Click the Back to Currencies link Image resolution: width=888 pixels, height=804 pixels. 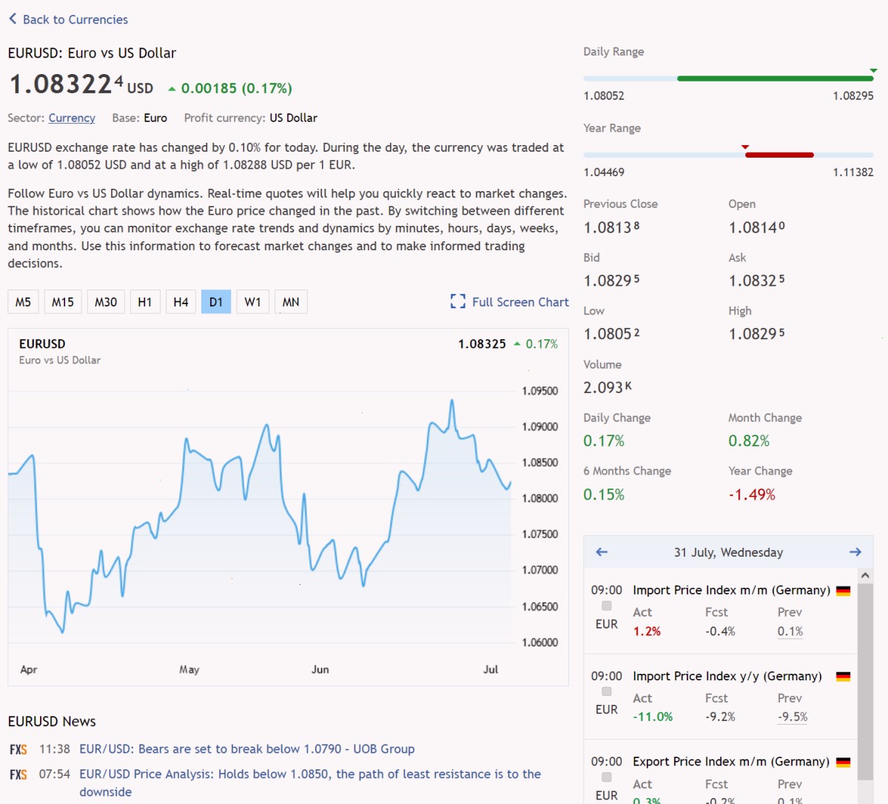(x=69, y=19)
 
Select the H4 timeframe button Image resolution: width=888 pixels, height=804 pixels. (x=181, y=302)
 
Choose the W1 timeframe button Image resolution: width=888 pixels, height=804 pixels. (x=252, y=302)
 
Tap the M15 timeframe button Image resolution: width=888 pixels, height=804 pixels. (x=63, y=302)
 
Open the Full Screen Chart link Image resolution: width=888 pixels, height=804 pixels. (x=510, y=302)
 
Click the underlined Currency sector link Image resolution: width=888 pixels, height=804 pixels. (x=72, y=118)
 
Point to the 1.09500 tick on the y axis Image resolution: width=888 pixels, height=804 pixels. (x=539, y=391)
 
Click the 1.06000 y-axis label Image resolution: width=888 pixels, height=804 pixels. (x=539, y=643)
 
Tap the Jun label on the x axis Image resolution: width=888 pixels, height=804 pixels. (x=320, y=669)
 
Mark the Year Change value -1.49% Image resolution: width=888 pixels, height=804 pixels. (x=752, y=495)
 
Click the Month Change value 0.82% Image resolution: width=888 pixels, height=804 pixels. (x=749, y=440)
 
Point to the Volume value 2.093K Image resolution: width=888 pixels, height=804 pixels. (x=608, y=388)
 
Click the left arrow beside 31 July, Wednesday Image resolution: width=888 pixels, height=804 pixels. (x=602, y=552)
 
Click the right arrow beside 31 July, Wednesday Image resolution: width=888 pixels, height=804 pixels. (x=855, y=552)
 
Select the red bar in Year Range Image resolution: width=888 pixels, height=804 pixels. (x=779, y=155)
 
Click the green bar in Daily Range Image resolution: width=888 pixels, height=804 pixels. (x=775, y=78)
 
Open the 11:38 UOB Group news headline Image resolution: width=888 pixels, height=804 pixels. (x=247, y=749)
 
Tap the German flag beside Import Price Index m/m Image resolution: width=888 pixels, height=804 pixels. (x=844, y=591)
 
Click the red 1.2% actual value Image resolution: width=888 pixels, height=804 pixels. (x=647, y=632)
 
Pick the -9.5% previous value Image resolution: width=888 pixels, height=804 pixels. (x=793, y=717)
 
